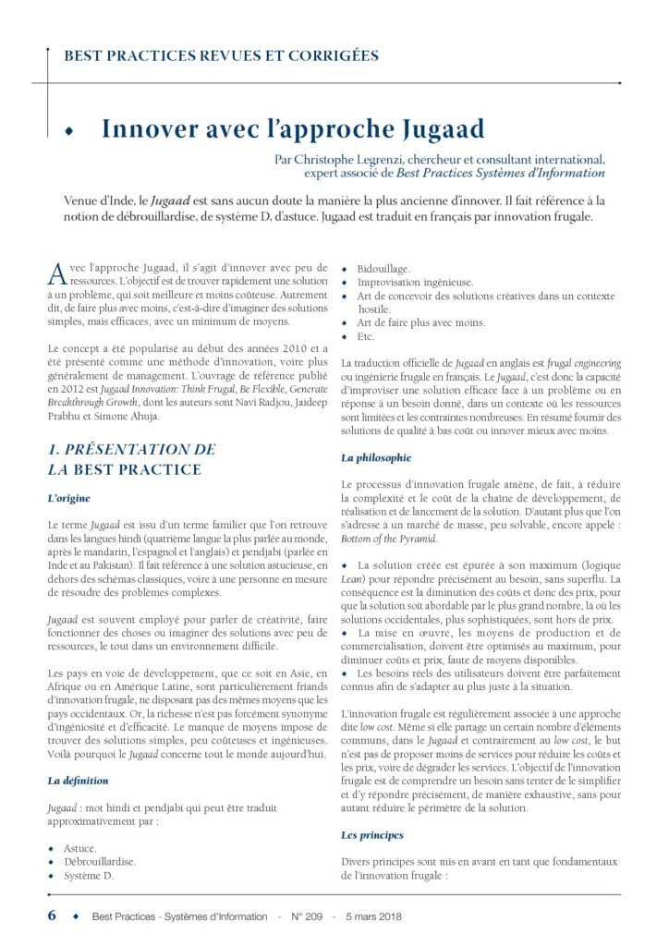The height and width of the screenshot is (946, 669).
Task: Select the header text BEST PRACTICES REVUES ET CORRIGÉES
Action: [221, 55]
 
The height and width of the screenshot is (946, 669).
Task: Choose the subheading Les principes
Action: [372, 835]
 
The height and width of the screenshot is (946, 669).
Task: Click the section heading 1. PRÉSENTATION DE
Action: [131, 450]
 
